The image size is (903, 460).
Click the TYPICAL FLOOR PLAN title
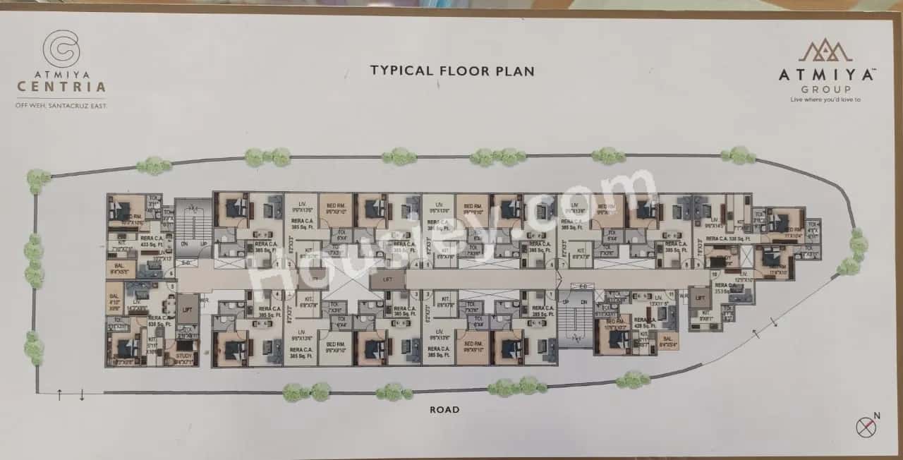pos(452,71)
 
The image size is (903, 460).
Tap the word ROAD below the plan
pos(444,409)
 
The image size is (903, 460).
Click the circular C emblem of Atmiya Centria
pos(61,49)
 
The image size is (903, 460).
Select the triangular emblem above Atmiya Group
pos(825,51)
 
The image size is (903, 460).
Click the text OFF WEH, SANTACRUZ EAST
pos(61,106)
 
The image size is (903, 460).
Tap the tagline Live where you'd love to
pos(825,99)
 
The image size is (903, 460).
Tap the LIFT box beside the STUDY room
pos(187,310)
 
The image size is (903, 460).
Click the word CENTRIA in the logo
pos(61,87)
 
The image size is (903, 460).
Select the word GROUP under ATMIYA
pos(825,90)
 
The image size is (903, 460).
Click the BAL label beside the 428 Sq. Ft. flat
pos(667,341)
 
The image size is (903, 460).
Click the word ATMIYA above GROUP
pos(825,75)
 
